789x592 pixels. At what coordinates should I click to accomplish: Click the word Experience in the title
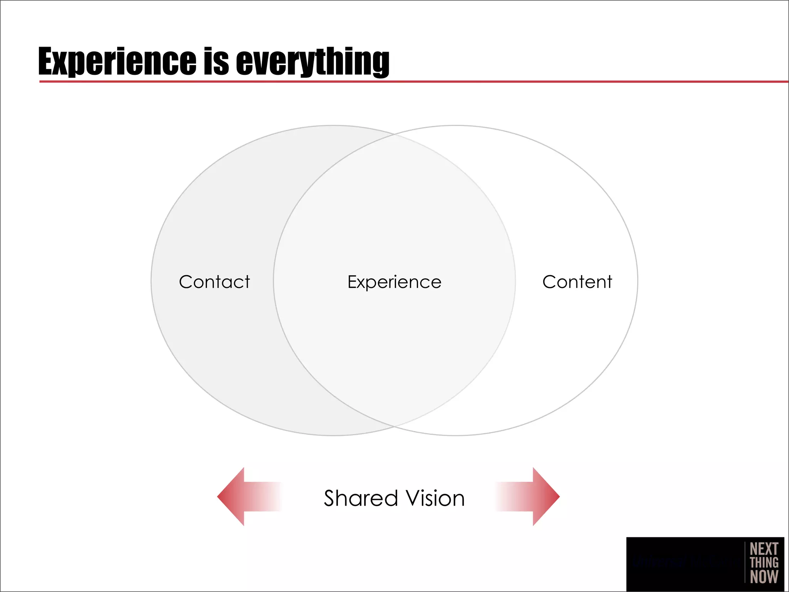coord(118,62)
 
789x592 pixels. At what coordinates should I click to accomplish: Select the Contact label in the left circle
coord(215,282)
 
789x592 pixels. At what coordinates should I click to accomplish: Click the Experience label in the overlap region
coord(394,282)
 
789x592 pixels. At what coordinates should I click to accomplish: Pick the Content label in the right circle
coord(577,282)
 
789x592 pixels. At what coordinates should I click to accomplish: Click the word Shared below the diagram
coord(361,498)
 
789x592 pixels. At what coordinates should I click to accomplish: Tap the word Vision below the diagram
coord(436,498)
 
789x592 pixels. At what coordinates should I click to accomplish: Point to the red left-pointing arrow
coord(247,496)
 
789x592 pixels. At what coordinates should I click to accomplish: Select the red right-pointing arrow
coord(532,496)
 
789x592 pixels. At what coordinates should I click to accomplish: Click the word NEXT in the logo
coord(764,549)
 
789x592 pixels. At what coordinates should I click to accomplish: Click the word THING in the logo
coord(764,563)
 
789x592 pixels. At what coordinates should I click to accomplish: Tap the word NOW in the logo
coord(764,577)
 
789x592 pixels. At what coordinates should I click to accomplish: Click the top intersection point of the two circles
coord(394,134)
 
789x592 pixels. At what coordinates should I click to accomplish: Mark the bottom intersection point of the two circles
coord(394,427)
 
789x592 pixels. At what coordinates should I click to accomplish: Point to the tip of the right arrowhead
coord(559,496)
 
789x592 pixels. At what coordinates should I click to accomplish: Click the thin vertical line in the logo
coord(745,563)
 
